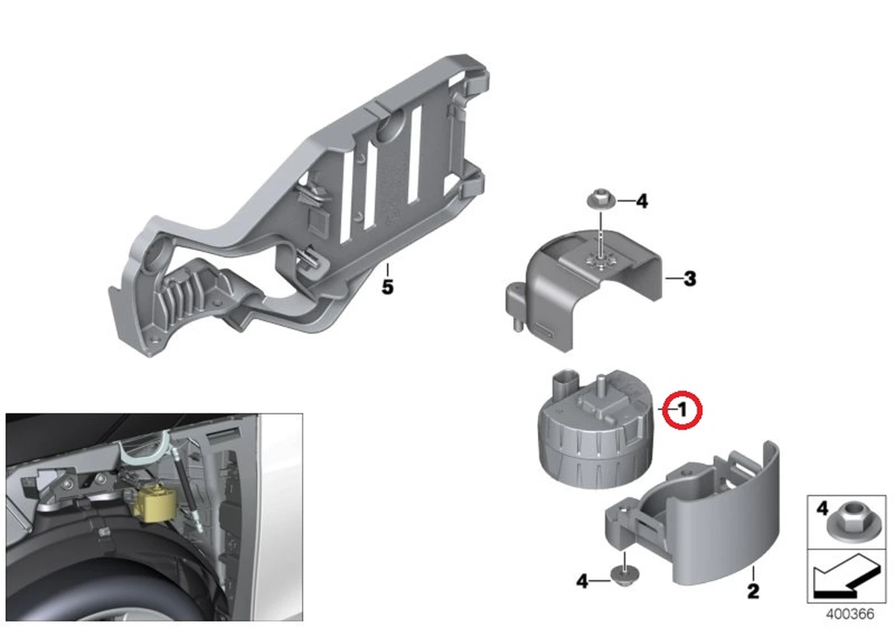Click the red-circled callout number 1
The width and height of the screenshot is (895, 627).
tap(682, 411)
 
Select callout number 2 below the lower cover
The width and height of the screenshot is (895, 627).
tap(753, 591)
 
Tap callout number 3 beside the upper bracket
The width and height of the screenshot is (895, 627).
tap(690, 278)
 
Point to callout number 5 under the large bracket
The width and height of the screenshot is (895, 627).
tap(388, 287)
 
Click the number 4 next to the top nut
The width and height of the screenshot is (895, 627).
tap(641, 201)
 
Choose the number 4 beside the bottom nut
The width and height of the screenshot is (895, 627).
tap(582, 581)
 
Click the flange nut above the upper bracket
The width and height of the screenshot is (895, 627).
tap(600, 199)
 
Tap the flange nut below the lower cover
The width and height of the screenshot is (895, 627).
tap(624, 575)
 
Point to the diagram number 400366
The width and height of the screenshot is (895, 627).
tap(850, 614)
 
